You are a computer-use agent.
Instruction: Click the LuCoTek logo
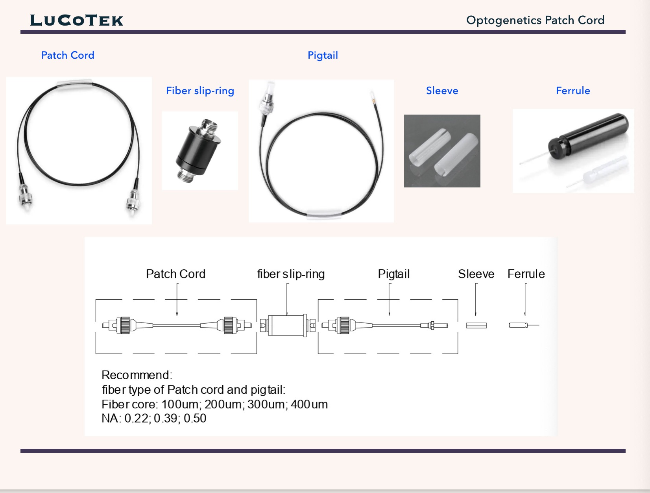77,20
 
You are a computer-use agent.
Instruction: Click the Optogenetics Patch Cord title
535,20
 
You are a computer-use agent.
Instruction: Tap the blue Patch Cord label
68,55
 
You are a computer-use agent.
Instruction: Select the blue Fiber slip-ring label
200,91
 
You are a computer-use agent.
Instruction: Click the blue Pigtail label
323,55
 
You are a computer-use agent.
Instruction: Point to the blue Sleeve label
442,91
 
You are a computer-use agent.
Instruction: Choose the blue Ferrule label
573,91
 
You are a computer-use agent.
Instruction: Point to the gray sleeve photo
442,151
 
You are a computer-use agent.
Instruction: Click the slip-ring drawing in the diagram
288,325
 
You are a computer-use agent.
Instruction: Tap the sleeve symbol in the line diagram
476,325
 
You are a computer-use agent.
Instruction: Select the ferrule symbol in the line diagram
519,325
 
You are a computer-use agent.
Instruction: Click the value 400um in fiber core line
309,404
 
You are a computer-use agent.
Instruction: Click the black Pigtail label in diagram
393,274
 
